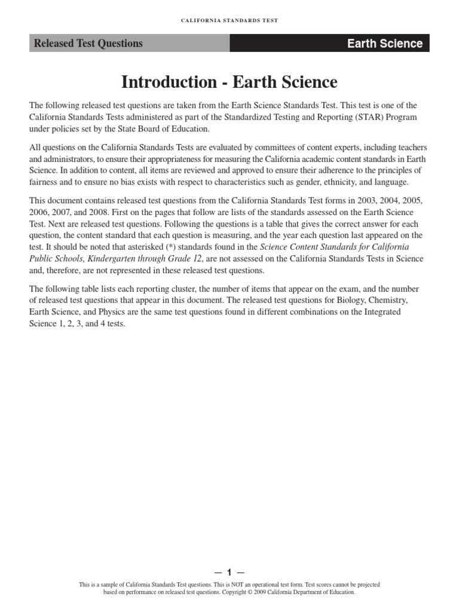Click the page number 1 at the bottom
tap(229, 573)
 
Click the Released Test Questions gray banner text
tap(88, 43)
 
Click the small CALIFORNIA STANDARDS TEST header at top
tap(229, 20)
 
